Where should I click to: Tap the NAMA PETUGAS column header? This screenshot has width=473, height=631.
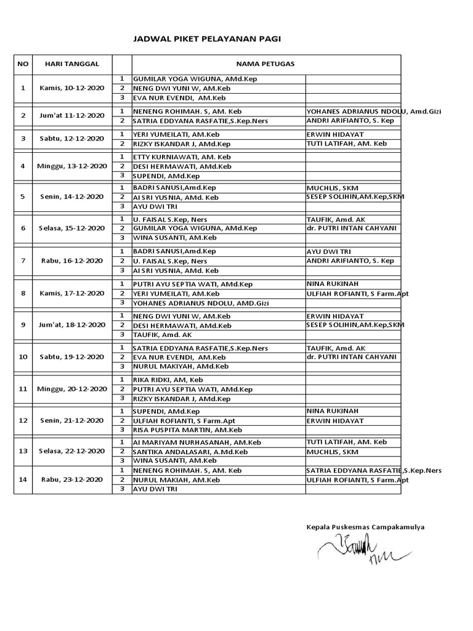pyautogui.click(x=266, y=63)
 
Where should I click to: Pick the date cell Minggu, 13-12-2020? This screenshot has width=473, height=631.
pyautogui.click(x=72, y=166)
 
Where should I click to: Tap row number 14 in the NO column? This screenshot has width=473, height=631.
pyautogui.click(x=23, y=479)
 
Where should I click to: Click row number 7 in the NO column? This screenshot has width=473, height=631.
pyautogui.click(x=23, y=261)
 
